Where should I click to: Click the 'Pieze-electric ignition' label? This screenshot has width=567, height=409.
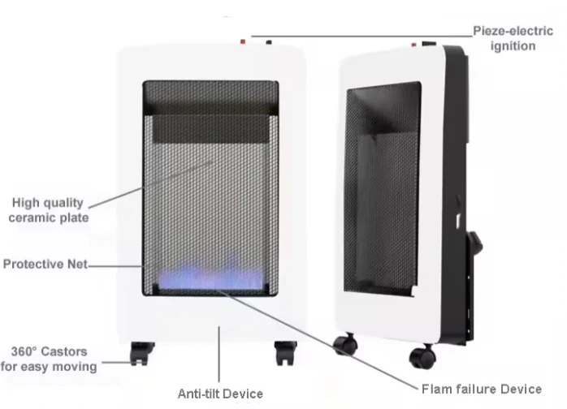513,38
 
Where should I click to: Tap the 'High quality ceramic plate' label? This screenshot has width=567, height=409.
49,210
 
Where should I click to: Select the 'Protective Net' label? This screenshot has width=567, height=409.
45,264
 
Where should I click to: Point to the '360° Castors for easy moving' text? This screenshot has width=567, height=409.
49,359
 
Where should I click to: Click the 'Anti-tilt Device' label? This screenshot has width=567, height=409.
220,394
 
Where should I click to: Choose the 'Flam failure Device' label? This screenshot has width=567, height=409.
482,390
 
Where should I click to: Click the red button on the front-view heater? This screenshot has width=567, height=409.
243,42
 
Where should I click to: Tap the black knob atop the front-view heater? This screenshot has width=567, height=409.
269,42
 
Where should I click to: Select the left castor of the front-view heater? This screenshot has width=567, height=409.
141,353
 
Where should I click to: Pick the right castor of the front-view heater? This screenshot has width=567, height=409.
285,353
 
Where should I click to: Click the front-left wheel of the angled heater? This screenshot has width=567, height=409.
345,344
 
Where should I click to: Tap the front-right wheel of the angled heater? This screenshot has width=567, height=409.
422,356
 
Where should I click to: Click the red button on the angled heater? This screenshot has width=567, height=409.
413,45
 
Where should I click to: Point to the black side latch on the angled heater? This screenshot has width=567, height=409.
475,243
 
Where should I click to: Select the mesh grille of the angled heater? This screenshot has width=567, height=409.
382,188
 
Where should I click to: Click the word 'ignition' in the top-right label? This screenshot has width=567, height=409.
513,46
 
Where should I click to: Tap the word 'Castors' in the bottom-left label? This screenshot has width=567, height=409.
64,351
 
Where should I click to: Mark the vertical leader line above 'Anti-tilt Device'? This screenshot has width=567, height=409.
219,354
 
